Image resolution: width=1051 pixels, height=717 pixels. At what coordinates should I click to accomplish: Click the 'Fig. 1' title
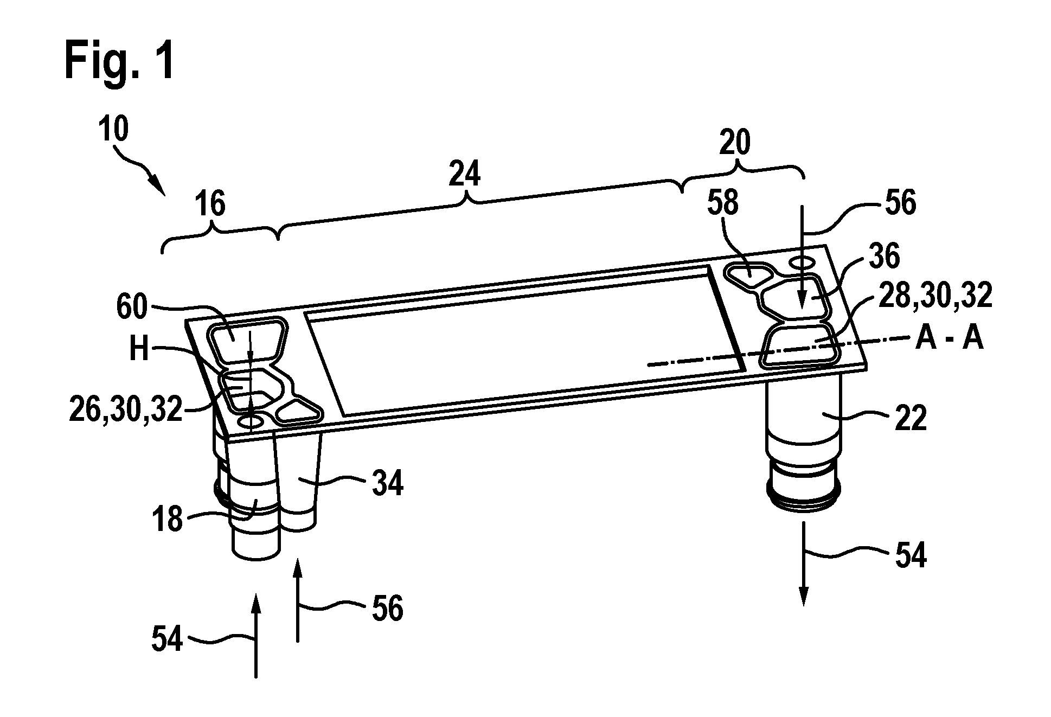pos(120,61)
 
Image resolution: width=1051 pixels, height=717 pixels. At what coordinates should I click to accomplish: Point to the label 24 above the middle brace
pos(465,175)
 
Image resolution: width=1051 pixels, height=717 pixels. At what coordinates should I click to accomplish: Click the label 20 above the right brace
pos(735,143)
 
